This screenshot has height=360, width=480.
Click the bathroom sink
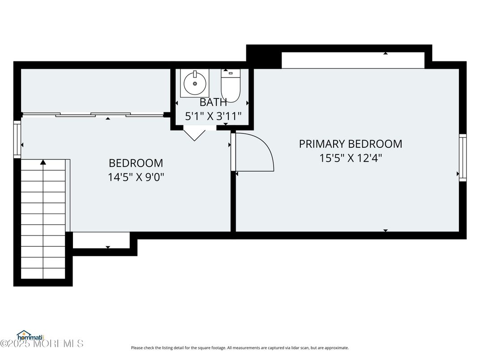point(195,83)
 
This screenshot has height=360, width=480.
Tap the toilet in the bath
point(231,86)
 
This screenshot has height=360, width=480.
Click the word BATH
point(213,102)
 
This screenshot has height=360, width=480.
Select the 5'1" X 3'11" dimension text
point(214,116)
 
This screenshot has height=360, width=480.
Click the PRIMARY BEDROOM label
point(351,144)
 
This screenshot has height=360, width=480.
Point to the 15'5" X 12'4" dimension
point(351,158)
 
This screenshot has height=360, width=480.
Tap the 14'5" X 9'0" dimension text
point(136,177)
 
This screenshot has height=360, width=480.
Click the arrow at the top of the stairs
point(43,162)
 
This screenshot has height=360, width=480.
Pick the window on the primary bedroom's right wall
point(463,157)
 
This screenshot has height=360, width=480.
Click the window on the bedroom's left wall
point(17,139)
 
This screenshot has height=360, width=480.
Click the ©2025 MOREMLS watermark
point(42,343)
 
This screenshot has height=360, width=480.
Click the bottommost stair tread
point(43,274)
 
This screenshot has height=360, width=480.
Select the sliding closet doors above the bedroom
point(94,115)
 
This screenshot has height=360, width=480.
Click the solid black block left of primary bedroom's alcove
point(264,57)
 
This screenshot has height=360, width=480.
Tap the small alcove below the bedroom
point(101,240)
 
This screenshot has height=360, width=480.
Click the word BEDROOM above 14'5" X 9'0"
point(136,163)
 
